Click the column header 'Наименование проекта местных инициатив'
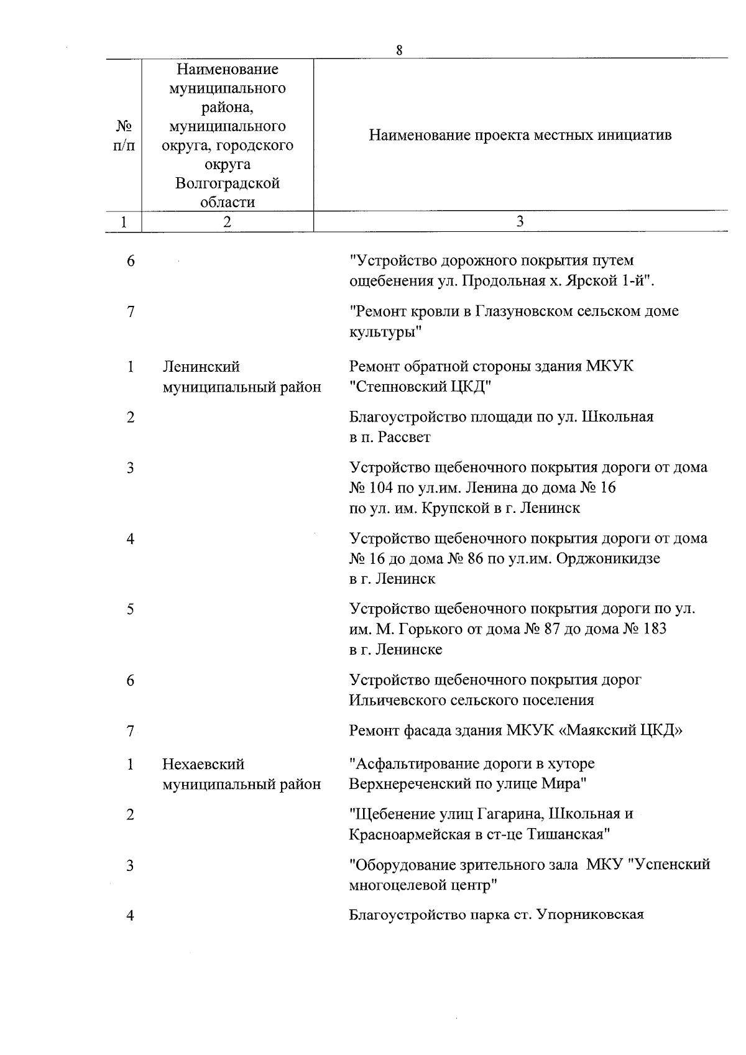pos(520,136)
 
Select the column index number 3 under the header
pos(520,222)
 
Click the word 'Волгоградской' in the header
pos(228,184)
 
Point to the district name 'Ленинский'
pos(201,367)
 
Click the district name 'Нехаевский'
pos(203,764)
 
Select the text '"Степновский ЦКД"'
pos(420,387)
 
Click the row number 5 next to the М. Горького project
pos(131,609)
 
